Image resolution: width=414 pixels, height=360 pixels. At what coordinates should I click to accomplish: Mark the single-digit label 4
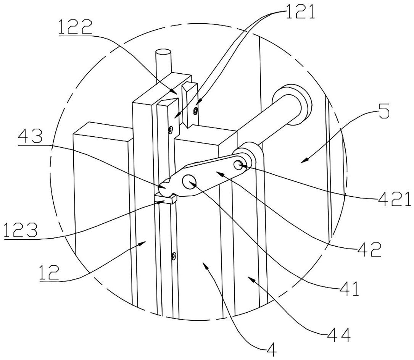[272, 348]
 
